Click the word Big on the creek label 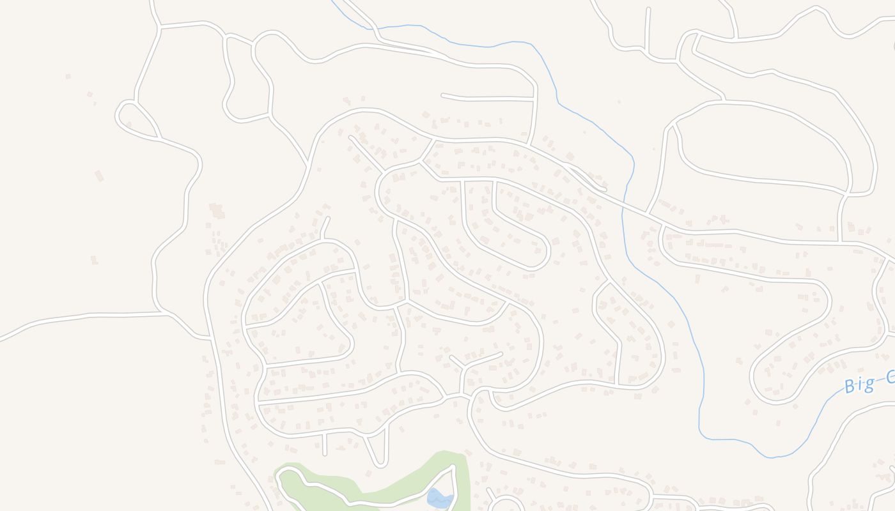(x=859, y=385)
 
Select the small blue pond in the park (x=439, y=498)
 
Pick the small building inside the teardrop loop (x=128, y=124)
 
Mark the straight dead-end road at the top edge (x=648, y=29)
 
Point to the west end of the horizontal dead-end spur (x=442, y=96)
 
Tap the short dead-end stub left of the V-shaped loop (x=325, y=445)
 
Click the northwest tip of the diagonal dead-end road (x=350, y=137)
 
